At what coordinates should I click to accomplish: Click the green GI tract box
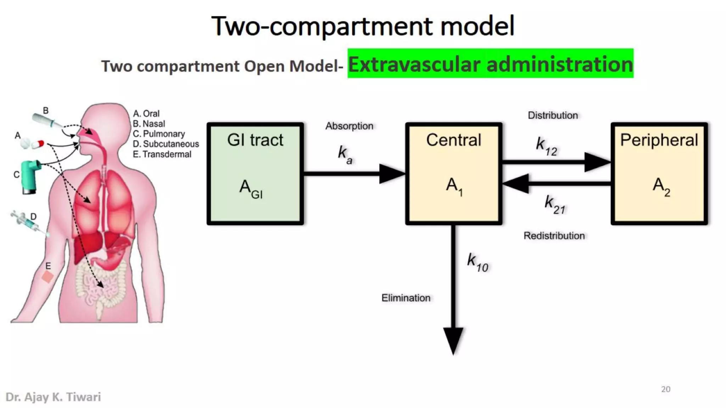255,174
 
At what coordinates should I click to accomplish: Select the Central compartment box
454,174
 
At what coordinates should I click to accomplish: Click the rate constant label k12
546,146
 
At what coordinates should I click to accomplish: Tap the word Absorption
349,126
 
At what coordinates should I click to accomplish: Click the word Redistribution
554,236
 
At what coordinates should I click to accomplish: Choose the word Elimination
406,298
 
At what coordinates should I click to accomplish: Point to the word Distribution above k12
553,115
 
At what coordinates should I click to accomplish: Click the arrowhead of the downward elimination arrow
453,340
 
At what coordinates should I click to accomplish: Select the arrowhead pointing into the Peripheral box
597,162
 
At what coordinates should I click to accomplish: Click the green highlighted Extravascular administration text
490,64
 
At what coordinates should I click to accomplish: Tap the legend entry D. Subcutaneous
166,144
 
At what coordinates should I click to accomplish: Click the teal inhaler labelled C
30,176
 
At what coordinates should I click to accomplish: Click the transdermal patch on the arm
48,277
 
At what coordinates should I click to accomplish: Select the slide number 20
665,389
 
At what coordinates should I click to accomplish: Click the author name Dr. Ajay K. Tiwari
53,397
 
